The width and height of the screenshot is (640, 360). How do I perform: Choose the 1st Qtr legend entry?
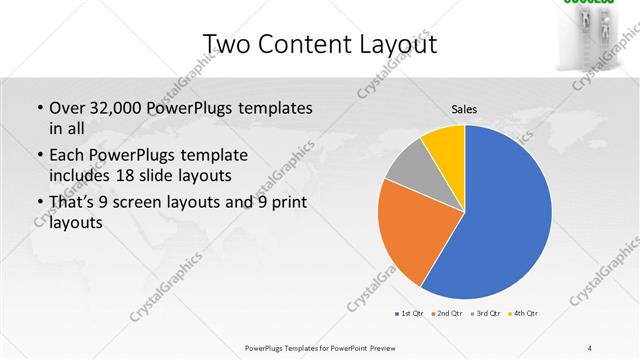pos(411,314)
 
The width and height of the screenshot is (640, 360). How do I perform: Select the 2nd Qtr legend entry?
pos(446,314)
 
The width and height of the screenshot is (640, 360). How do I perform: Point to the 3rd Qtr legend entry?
pos(486,314)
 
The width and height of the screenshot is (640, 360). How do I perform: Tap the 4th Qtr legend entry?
pos(526,314)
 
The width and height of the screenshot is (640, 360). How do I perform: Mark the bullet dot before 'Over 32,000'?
pos(39,108)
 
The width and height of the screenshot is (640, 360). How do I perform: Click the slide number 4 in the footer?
pos(590,347)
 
